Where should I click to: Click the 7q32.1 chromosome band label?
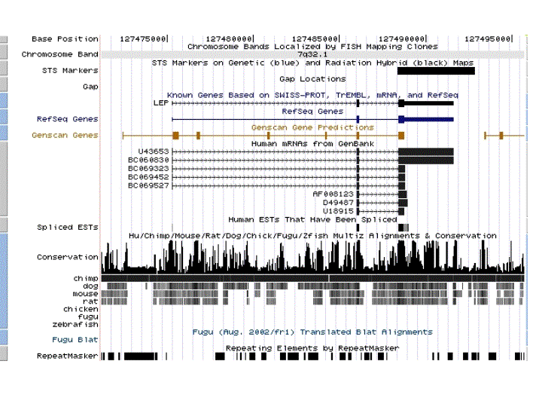pos(311,54)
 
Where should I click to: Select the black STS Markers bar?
pos(436,71)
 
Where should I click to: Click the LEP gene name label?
pos(160,103)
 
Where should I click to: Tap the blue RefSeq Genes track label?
pos(67,119)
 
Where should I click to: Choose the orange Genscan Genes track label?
pos(65,135)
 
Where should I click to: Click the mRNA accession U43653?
pos(148,151)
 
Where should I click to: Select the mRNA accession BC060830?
pos(148,160)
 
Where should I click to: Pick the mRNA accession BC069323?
pos(148,168)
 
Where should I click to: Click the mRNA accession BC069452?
pos(148,176)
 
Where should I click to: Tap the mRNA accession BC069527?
pos(148,185)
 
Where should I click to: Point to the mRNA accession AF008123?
pos(333,194)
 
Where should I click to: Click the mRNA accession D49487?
pos(338,202)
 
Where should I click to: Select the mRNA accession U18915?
pos(338,210)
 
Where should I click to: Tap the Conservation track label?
pos(67,257)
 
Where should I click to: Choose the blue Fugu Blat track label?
pos(77,340)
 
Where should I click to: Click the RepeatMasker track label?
pos(67,356)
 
